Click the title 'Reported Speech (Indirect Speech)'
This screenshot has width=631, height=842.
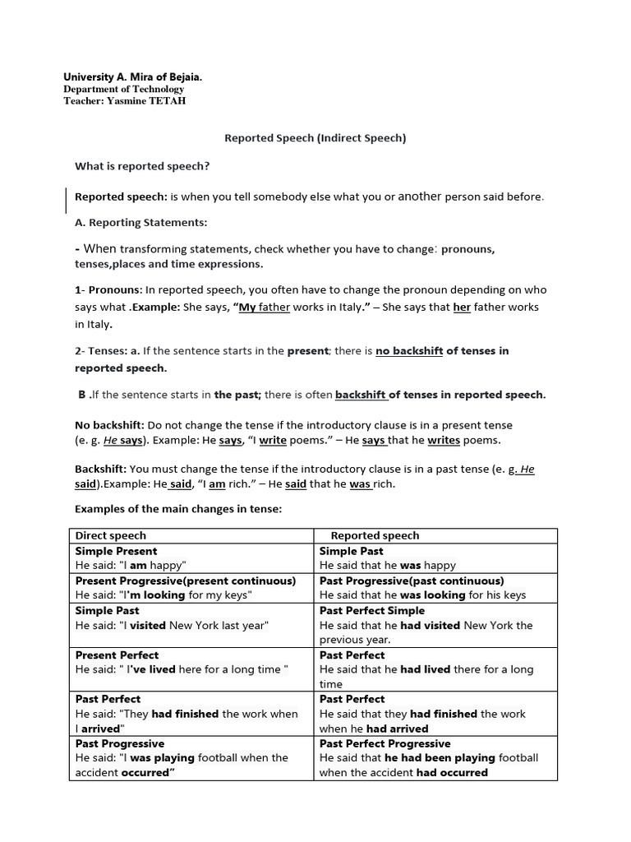[315, 138]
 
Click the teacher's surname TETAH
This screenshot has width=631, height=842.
[166, 101]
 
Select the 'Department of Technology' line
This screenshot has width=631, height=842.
[124, 89]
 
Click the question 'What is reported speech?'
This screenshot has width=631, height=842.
[142, 166]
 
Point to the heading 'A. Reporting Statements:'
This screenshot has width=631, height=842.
[141, 222]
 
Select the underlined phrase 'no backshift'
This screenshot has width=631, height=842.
[409, 351]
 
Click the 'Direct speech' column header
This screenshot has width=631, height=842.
[111, 535]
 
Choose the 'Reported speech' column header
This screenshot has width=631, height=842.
[375, 535]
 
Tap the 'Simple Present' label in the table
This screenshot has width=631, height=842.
[116, 551]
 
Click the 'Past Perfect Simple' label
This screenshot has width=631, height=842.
[372, 611]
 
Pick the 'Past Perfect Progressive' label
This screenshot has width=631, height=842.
[385, 743]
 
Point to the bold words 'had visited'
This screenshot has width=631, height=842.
[431, 625]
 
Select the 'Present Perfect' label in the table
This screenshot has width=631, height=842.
[117, 655]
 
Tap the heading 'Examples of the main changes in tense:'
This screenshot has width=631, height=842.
[178, 509]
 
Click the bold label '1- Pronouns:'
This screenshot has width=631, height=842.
[108, 289]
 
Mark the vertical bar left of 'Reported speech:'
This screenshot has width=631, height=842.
[67, 200]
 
